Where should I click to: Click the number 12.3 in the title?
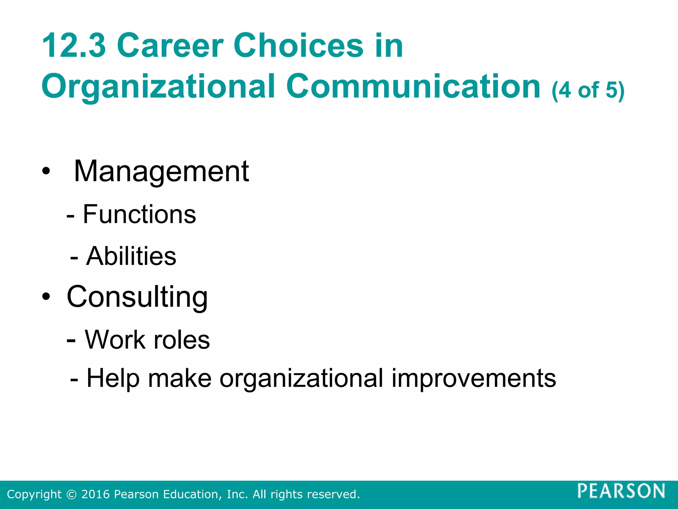73,45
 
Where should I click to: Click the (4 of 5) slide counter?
588,90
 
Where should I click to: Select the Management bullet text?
161,171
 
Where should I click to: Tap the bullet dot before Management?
46,172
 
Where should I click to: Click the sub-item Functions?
139,214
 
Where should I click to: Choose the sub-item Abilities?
131,256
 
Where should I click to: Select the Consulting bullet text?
137,297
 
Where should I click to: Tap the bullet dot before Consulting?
46,297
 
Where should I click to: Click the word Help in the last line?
113,378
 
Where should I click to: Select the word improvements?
474,378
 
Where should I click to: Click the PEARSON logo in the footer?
621,491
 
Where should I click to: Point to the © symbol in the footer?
71,494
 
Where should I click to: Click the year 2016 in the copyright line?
95,494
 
